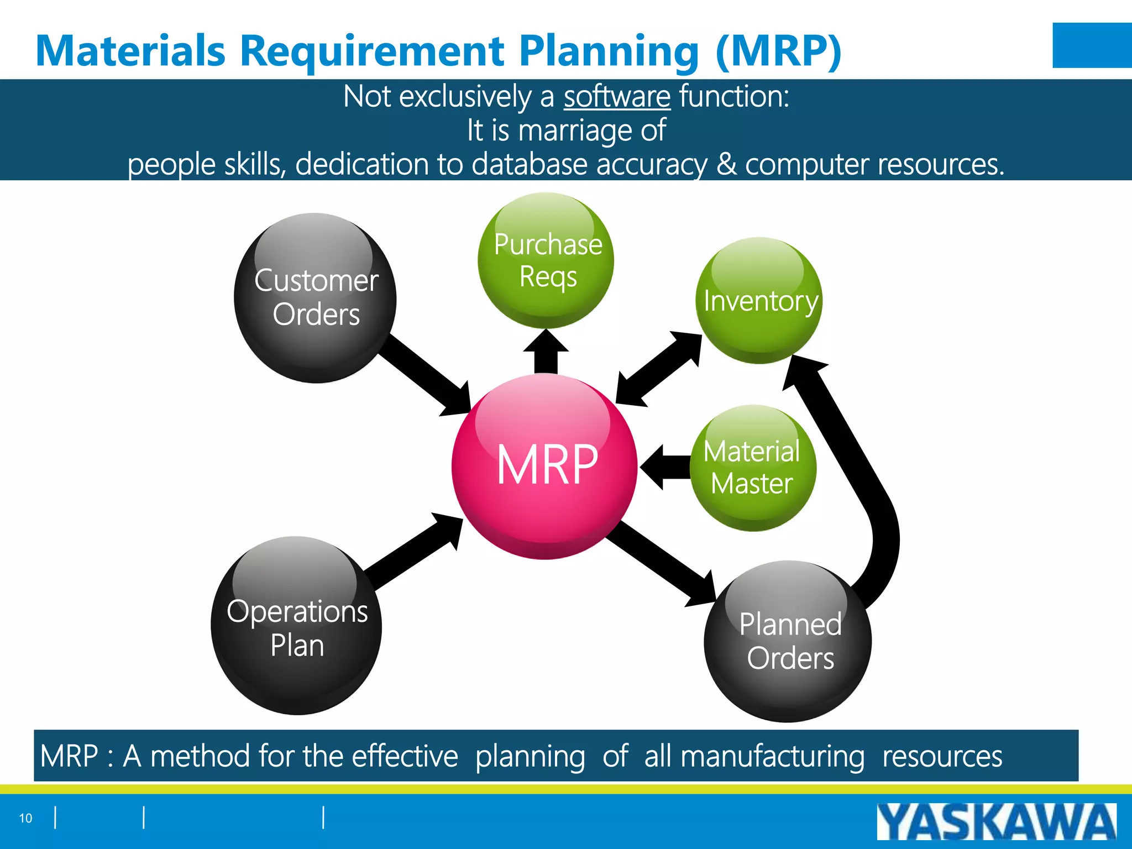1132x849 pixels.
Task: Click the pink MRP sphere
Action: coord(544,466)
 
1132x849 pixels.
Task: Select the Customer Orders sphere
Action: coord(315,298)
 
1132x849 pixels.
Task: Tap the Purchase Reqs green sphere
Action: coord(546,260)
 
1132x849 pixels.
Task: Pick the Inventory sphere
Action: coord(759,301)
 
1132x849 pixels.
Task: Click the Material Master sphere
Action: coord(753,468)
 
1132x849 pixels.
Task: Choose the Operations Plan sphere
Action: coord(296,626)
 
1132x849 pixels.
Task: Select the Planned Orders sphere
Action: coord(788,641)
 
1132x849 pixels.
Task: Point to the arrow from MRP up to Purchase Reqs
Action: coord(546,354)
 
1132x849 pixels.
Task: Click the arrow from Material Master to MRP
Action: coord(666,468)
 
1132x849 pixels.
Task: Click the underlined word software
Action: coord(617,96)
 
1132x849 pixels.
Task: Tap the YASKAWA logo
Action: coord(996,822)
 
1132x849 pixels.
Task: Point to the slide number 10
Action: coord(25,818)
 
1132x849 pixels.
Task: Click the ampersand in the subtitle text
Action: coord(726,164)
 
